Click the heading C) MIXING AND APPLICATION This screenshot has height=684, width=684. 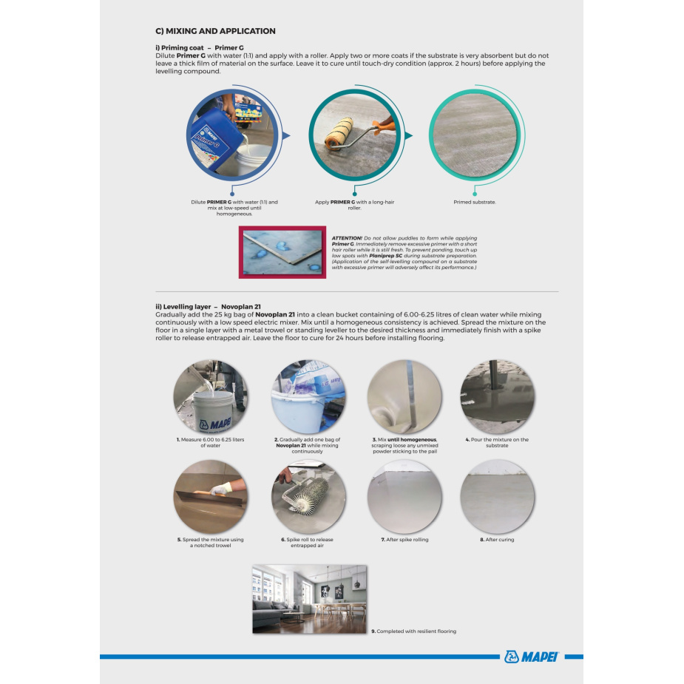215,31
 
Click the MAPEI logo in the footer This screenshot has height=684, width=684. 531,657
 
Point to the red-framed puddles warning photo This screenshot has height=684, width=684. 282,253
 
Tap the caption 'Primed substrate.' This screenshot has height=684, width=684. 475,202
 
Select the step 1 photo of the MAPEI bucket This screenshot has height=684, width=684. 211,396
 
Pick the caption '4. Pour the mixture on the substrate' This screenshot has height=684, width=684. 497,442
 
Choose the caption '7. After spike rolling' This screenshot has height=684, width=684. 404,540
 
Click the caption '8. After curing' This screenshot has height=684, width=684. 497,540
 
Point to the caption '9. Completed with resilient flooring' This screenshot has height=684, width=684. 413,631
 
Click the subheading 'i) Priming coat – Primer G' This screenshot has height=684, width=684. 200,47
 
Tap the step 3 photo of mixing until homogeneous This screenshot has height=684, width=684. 404,396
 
